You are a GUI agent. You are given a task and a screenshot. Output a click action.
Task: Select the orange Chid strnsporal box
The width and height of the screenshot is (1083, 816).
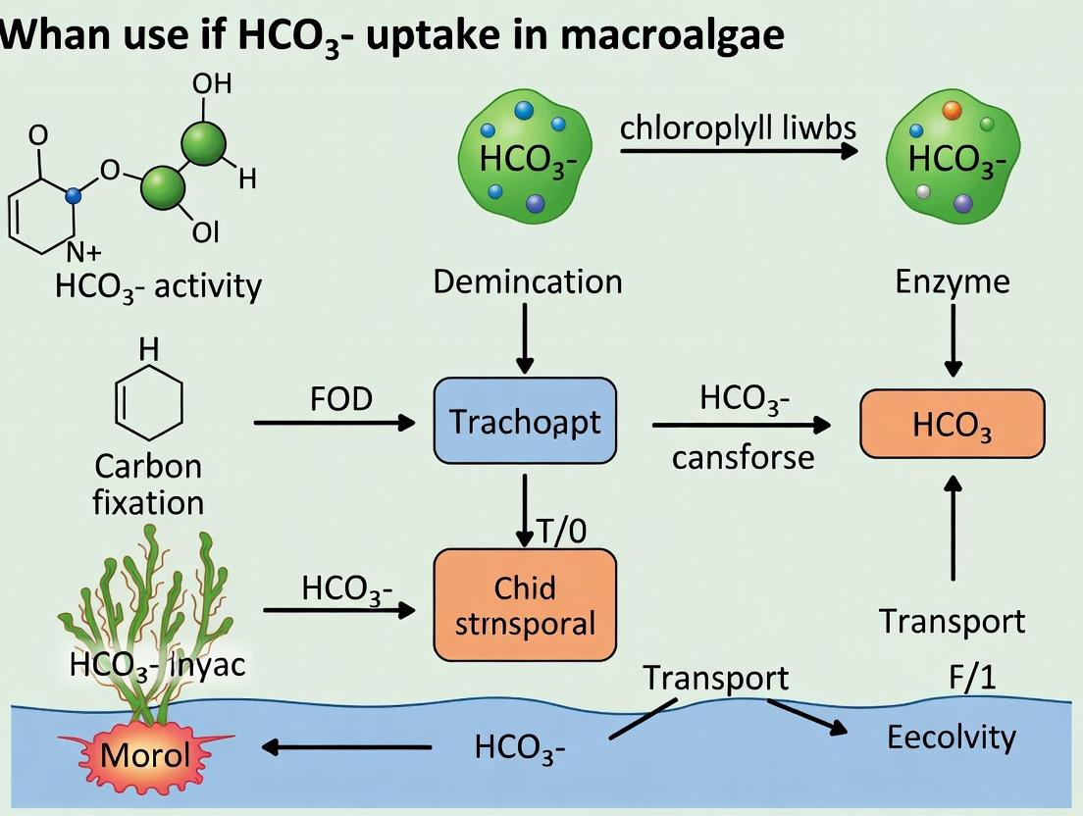click(x=525, y=604)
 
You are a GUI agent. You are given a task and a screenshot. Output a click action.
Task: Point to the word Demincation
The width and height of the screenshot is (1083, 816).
click(x=527, y=282)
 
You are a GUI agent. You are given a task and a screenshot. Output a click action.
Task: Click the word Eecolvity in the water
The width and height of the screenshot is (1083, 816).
click(x=951, y=738)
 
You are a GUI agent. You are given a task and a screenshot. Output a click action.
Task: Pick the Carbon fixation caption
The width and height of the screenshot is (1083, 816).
click(x=149, y=484)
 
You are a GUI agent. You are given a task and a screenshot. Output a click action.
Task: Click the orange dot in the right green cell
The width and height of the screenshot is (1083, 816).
click(x=951, y=112)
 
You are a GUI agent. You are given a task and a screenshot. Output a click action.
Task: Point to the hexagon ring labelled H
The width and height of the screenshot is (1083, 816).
click(x=149, y=403)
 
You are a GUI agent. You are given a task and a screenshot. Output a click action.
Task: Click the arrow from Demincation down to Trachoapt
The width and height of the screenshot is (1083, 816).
click(x=526, y=336)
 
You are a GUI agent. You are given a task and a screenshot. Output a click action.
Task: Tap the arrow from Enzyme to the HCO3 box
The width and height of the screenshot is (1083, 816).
click(x=952, y=339)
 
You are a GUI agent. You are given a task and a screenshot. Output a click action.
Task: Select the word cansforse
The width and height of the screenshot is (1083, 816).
click(x=743, y=457)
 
